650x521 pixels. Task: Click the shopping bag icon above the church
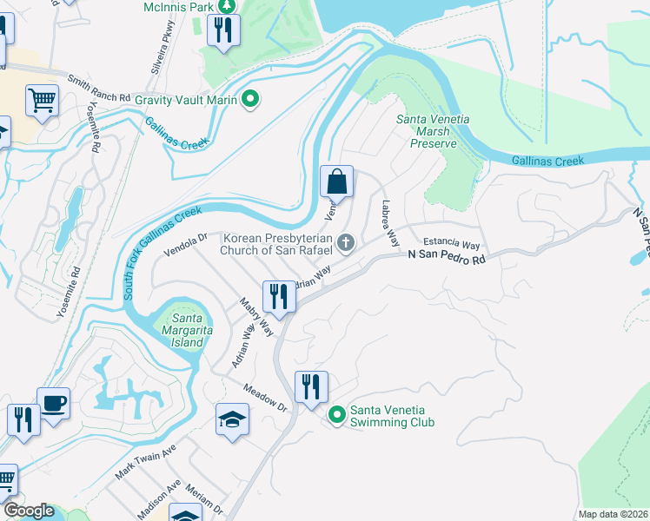click(336, 182)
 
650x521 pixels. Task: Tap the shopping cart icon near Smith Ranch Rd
click(41, 101)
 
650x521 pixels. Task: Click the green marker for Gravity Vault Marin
click(251, 99)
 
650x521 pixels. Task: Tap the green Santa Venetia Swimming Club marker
click(337, 417)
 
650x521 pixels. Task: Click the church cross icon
click(346, 243)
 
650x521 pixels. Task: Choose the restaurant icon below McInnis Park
click(224, 32)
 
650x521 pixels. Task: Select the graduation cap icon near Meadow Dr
click(232, 419)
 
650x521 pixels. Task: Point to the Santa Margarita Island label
click(182, 331)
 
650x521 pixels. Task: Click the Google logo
click(28, 511)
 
